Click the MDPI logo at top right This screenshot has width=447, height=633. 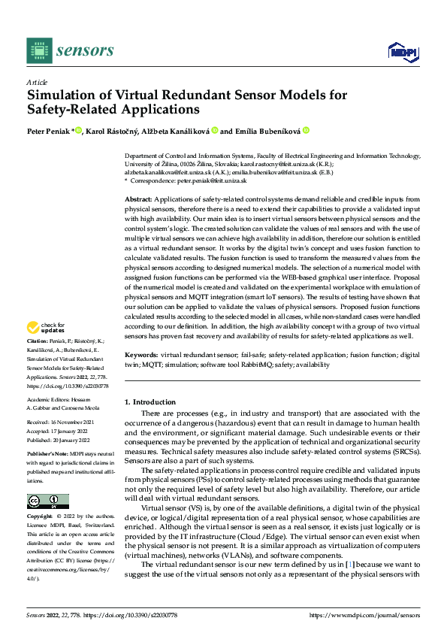coord(402,50)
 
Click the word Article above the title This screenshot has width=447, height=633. coord(36,82)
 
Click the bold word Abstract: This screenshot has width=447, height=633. coord(137,198)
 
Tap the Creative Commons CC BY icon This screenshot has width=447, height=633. coord(48,501)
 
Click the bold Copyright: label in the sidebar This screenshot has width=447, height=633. coord(40,516)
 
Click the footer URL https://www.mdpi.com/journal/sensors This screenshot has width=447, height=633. coord(365,614)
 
